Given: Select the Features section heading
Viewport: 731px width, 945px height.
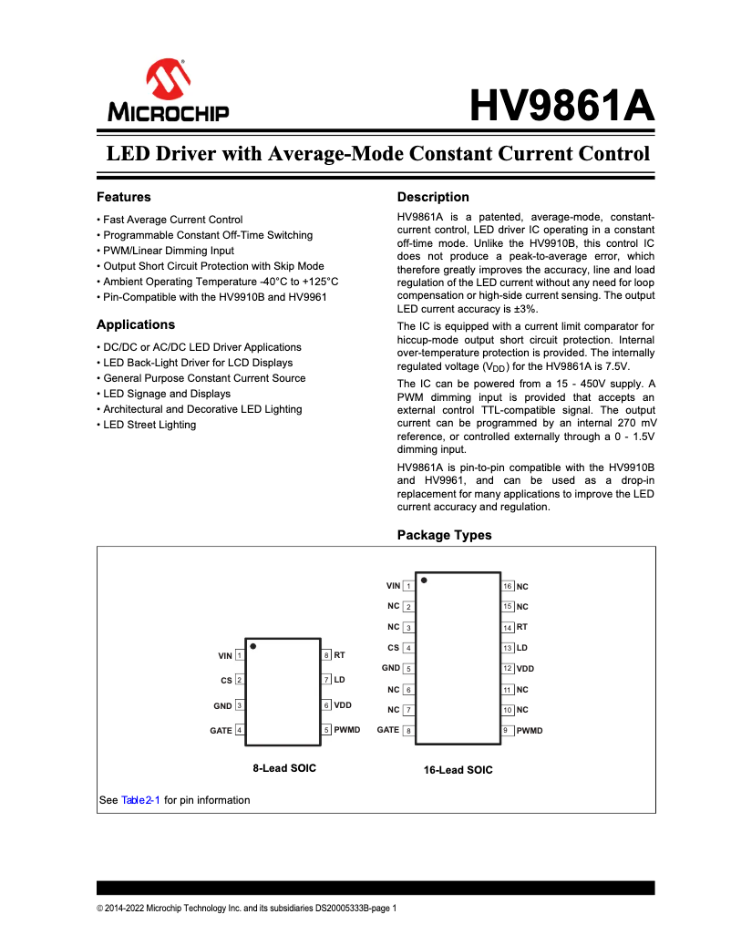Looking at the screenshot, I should click(124, 197).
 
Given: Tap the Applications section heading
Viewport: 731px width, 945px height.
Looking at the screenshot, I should click(136, 324).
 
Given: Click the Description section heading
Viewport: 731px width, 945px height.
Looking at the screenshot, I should click(433, 197).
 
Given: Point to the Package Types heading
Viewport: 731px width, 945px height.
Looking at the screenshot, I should click(444, 535).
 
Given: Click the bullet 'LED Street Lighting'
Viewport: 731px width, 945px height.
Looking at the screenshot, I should click(149, 425).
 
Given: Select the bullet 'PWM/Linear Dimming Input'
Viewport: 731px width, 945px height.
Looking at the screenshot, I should click(168, 251).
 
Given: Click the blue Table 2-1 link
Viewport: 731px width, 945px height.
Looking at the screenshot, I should click(140, 800).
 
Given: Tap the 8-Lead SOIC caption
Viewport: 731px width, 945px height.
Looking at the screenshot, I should click(284, 768).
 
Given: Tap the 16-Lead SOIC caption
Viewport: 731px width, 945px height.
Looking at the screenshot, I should click(458, 770).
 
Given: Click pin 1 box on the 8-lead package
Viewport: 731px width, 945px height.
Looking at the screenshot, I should click(239, 655).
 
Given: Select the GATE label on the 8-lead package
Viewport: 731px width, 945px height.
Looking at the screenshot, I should click(221, 731).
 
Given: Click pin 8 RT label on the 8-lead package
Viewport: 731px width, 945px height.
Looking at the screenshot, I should click(339, 655).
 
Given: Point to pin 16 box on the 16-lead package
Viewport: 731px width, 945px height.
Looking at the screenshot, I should click(508, 586).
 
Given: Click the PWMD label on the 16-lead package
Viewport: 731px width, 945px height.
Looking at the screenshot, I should click(530, 731).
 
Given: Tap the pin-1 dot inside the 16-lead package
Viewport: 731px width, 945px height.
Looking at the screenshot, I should click(424, 580).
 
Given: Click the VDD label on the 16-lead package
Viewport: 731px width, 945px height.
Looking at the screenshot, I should click(525, 669).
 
